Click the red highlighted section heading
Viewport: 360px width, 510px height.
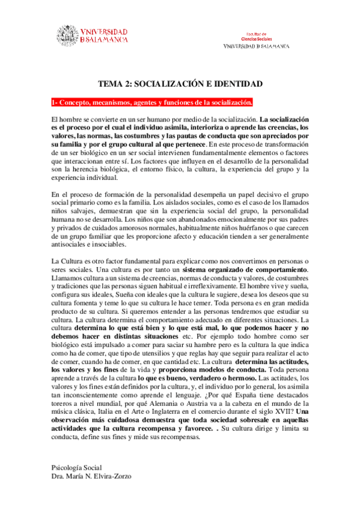152,102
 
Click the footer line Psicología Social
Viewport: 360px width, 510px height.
77,467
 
